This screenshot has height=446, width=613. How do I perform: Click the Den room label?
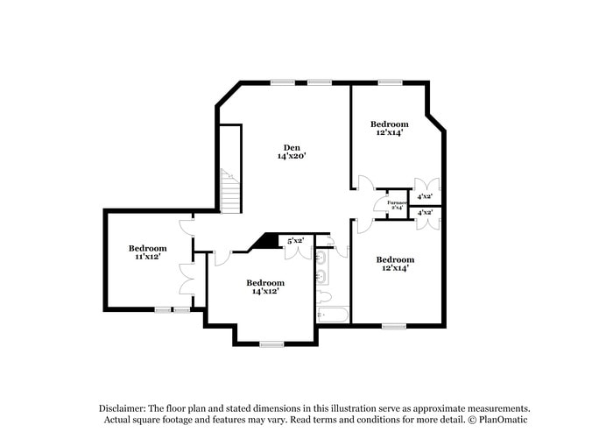pos(292,146)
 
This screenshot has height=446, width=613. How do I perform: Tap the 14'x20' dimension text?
pos(292,156)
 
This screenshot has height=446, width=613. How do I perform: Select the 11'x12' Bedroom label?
pos(147,248)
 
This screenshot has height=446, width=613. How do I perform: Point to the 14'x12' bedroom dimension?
pos(264,291)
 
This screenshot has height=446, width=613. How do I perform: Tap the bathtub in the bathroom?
pos(333,314)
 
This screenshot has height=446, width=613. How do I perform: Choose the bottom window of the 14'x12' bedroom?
pos(271,343)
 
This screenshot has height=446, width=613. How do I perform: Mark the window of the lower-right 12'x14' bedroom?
pos(394,326)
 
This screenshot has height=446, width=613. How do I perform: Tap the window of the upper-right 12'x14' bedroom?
pos(390,83)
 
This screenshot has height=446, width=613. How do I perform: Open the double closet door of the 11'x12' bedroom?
pos(186,279)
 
